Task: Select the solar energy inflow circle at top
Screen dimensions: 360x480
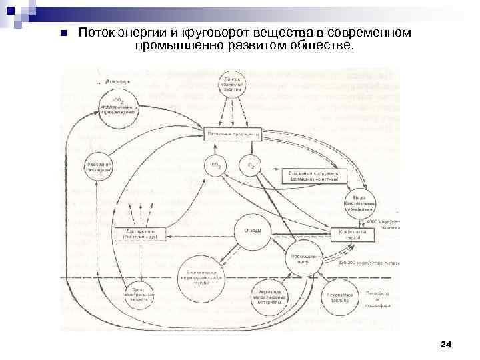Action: pyautogui.click(x=233, y=86)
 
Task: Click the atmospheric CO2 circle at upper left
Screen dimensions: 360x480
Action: pyautogui.click(x=118, y=107)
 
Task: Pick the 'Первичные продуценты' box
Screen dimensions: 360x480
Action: pyautogui.click(x=233, y=134)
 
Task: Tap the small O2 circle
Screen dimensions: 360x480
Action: pyautogui.click(x=249, y=165)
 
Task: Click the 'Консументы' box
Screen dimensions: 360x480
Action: pyautogui.click(x=349, y=235)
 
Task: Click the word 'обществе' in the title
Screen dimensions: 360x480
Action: pyautogui.click(x=321, y=46)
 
